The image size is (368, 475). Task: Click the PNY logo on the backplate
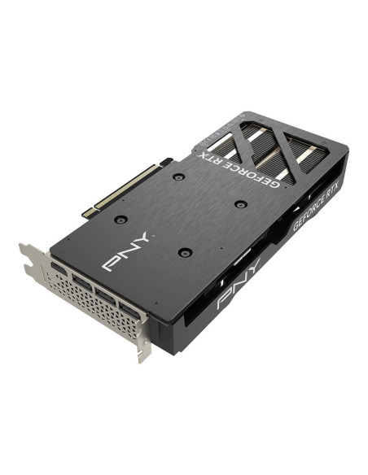pyautogui.click(x=126, y=251)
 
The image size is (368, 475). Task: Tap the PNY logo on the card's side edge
pyautogui.click(x=239, y=284)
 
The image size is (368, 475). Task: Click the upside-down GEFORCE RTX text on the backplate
pyautogui.click(x=238, y=170)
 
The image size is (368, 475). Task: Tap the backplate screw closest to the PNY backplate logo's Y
pyautogui.click(x=121, y=219)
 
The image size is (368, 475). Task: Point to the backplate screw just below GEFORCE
pyautogui.click(x=241, y=204)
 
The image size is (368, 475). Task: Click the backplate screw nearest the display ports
pyautogui.click(x=185, y=252)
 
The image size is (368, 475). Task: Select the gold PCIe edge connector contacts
pyautogui.click(x=126, y=187)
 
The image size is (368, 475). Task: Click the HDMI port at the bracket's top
pyautogui.click(x=59, y=269)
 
